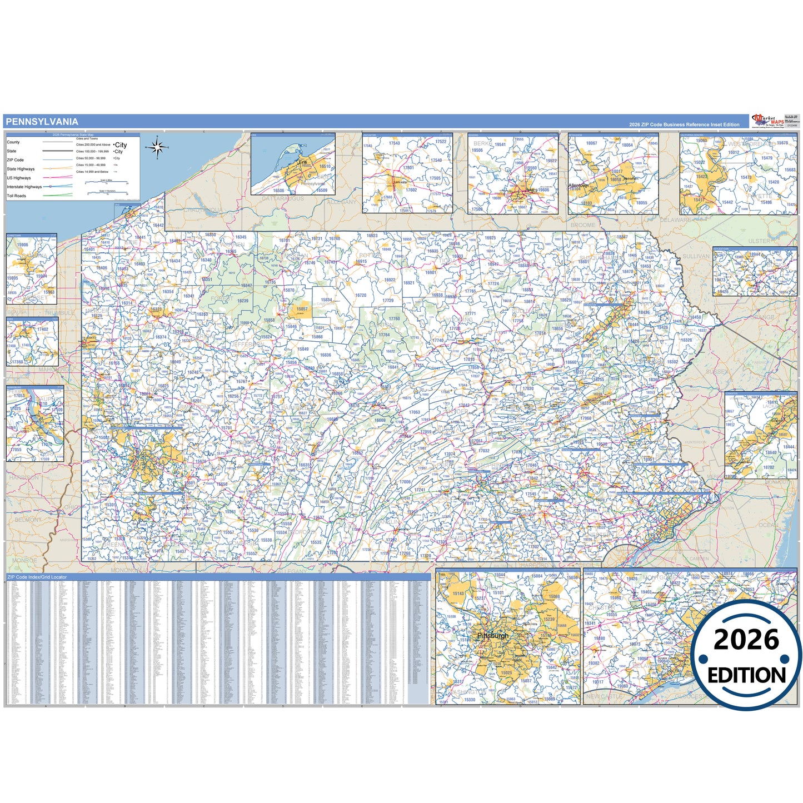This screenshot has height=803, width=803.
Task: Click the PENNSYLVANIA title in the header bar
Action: point(42,122)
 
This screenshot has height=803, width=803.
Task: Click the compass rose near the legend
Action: point(157,147)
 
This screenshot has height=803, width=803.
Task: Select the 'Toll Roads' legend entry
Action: point(17,196)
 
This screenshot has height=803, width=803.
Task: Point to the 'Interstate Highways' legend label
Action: point(24,187)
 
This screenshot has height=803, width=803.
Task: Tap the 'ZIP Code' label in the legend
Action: point(15,160)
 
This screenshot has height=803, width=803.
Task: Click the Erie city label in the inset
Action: point(303,162)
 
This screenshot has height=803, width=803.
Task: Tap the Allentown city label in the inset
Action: point(578,186)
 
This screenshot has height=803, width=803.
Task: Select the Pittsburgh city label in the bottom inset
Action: point(492,636)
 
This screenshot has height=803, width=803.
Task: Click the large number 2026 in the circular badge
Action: point(746,640)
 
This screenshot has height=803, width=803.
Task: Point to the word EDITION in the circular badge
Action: point(746,675)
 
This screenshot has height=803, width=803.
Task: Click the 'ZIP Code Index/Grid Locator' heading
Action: point(37,577)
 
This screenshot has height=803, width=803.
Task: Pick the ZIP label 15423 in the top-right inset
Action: point(701,177)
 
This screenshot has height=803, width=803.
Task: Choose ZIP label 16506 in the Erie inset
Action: point(278,191)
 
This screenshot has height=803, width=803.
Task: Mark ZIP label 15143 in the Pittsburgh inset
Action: point(458,593)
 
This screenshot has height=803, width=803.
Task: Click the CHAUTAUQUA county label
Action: point(203,211)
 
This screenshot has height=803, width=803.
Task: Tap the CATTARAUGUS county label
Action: point(283,198)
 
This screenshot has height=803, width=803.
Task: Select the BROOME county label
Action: point(582,225)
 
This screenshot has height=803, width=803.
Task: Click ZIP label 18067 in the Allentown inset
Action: point(591,143)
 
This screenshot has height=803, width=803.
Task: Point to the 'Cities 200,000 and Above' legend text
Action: point(93,144)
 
